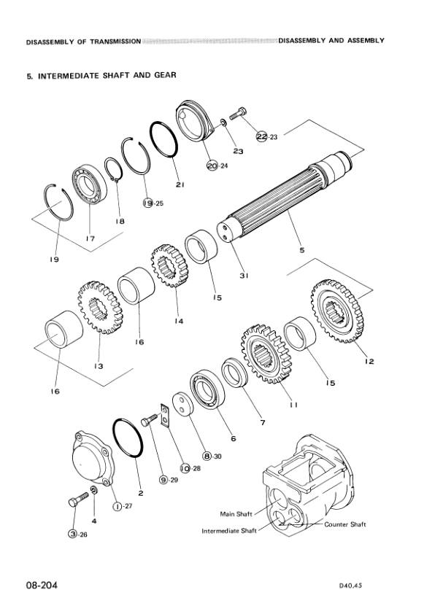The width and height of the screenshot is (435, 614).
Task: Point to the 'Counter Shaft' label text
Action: [x=344, y=524]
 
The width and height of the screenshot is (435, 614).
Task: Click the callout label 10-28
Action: [x=189, y=468]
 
